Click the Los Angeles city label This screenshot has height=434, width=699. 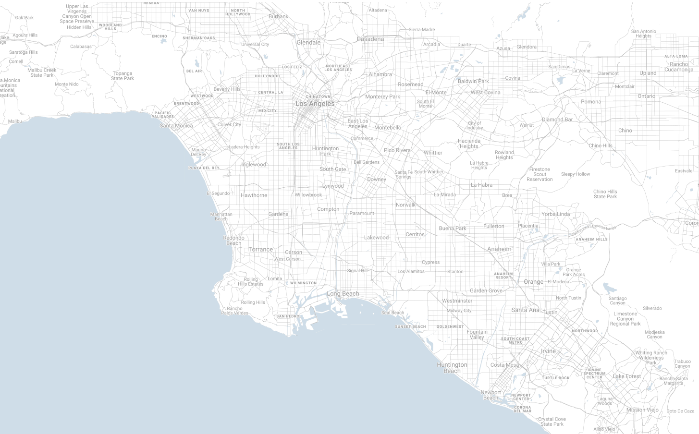click(x=315, y=104)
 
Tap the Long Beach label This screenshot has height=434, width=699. click(x=343, y=294)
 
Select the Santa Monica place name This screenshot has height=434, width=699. click(x=176, y=126)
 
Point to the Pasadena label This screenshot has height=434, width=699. click(x=370, y=39)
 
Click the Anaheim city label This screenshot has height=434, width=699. click(x=499, y=249)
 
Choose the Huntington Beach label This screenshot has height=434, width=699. click(x=452, y=368)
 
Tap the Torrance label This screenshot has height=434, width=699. click(x=260, y=250)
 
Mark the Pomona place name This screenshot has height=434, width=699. click(x=590, y=102)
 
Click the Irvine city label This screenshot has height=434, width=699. click(x=548, y=351)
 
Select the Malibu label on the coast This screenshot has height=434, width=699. click(x=15, y=121)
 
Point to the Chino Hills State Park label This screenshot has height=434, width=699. click(x=605, y=194)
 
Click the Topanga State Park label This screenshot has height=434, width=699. click(x=123, y=76)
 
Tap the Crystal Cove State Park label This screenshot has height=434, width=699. click(x=552, y=422)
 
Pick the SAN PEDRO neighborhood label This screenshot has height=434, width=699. click(x=288, y=316)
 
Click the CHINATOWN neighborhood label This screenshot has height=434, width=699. click(x=318, y=96)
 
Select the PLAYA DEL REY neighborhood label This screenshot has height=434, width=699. click(x=204, y=168)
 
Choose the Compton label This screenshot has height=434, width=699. click(x=328, y=209)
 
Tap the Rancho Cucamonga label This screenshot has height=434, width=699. click(x=679, y=67)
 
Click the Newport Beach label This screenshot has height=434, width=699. click(x=491, y=395)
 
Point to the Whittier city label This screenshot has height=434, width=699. click(x=433, y=153)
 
